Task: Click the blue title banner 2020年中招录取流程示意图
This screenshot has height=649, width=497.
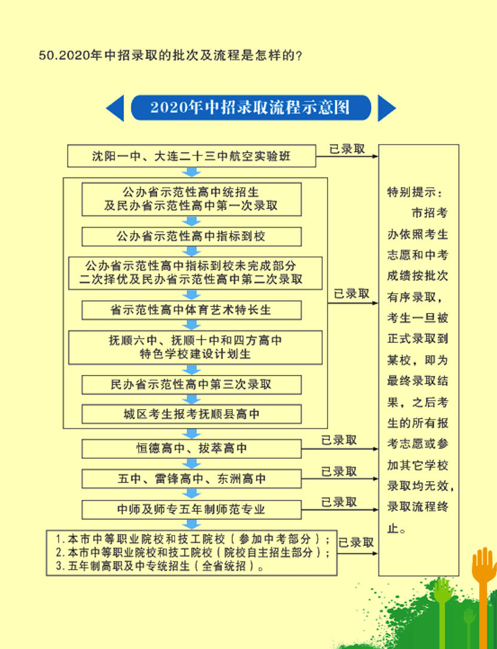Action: pyautogui.click(x=250, y=108)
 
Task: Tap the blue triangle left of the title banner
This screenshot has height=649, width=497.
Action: pyautogui.click(x=115, y=108)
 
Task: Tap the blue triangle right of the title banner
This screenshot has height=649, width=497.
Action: pyautogui.click(x=386, y=108)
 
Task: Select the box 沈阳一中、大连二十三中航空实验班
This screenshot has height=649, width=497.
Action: pyautogui.click(x=191, y=157)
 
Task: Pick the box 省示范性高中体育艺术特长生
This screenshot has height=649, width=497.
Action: pyautogui.click(x=191, y=310)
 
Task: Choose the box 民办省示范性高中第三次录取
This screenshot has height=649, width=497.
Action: pyautogui.click(x=191, y=384)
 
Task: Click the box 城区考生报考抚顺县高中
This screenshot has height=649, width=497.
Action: pyautogui.click(x=191, y=414)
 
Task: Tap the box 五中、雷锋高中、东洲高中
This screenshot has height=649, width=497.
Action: pyautogui.click(x=191, y=479)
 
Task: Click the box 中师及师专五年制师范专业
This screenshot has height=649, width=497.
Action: pyautogui.click(x=191, y=509)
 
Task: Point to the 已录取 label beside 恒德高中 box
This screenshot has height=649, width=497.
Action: pyautogui.click(x=339, y=440)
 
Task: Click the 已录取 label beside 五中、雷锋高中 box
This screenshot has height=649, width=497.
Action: pyautogui.click(x=339, y=472)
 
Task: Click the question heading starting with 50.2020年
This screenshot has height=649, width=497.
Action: pyautogui.click(x=170, y=56)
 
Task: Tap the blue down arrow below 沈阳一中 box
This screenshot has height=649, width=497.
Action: pyautogui.click(x=191, y=172)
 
